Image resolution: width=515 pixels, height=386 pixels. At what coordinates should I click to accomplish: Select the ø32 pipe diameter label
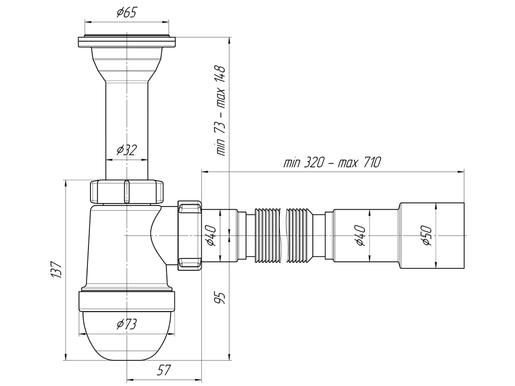(126, 150)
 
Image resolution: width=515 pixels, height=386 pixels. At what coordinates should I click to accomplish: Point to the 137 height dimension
(56, 270)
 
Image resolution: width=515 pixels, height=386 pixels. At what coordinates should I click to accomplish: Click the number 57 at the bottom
(163, 371)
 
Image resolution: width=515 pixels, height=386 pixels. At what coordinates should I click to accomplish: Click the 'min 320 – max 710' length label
(332, 163)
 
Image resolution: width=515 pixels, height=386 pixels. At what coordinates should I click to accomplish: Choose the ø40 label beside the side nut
(211, 235)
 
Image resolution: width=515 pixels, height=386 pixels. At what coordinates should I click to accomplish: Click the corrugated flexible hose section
(284, 235)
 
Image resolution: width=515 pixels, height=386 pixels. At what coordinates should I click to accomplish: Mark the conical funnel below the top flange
(126, 65)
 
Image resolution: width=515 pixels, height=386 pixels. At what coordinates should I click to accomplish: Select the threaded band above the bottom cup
(126, 302)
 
